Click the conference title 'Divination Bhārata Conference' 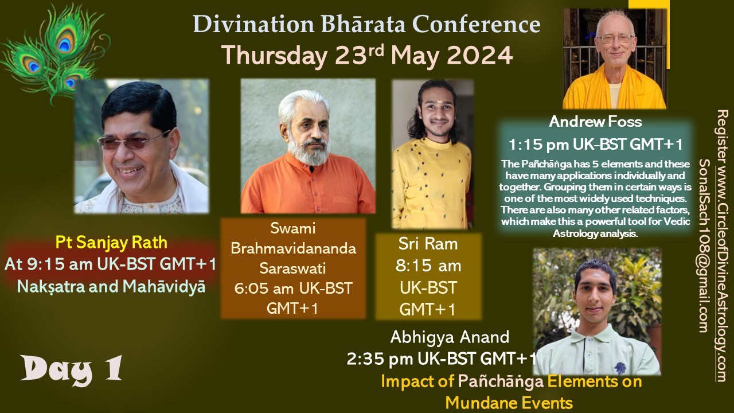point(366,24)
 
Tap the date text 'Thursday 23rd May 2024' point(367,55)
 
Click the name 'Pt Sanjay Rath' point(111,243)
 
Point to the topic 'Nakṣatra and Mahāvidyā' point(111,286)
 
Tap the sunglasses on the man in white point(133,141)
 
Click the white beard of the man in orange point(309,151)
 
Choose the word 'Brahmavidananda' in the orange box point(293,248)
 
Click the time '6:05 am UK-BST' point(293,289)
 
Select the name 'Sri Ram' point(428,244)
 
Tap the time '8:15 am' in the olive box point(428,266)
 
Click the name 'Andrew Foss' point(595,122)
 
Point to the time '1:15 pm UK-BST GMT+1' point(595,144)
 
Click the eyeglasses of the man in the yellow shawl point(615,38)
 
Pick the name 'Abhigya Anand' point(450,337)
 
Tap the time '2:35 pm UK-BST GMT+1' point(442,359)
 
